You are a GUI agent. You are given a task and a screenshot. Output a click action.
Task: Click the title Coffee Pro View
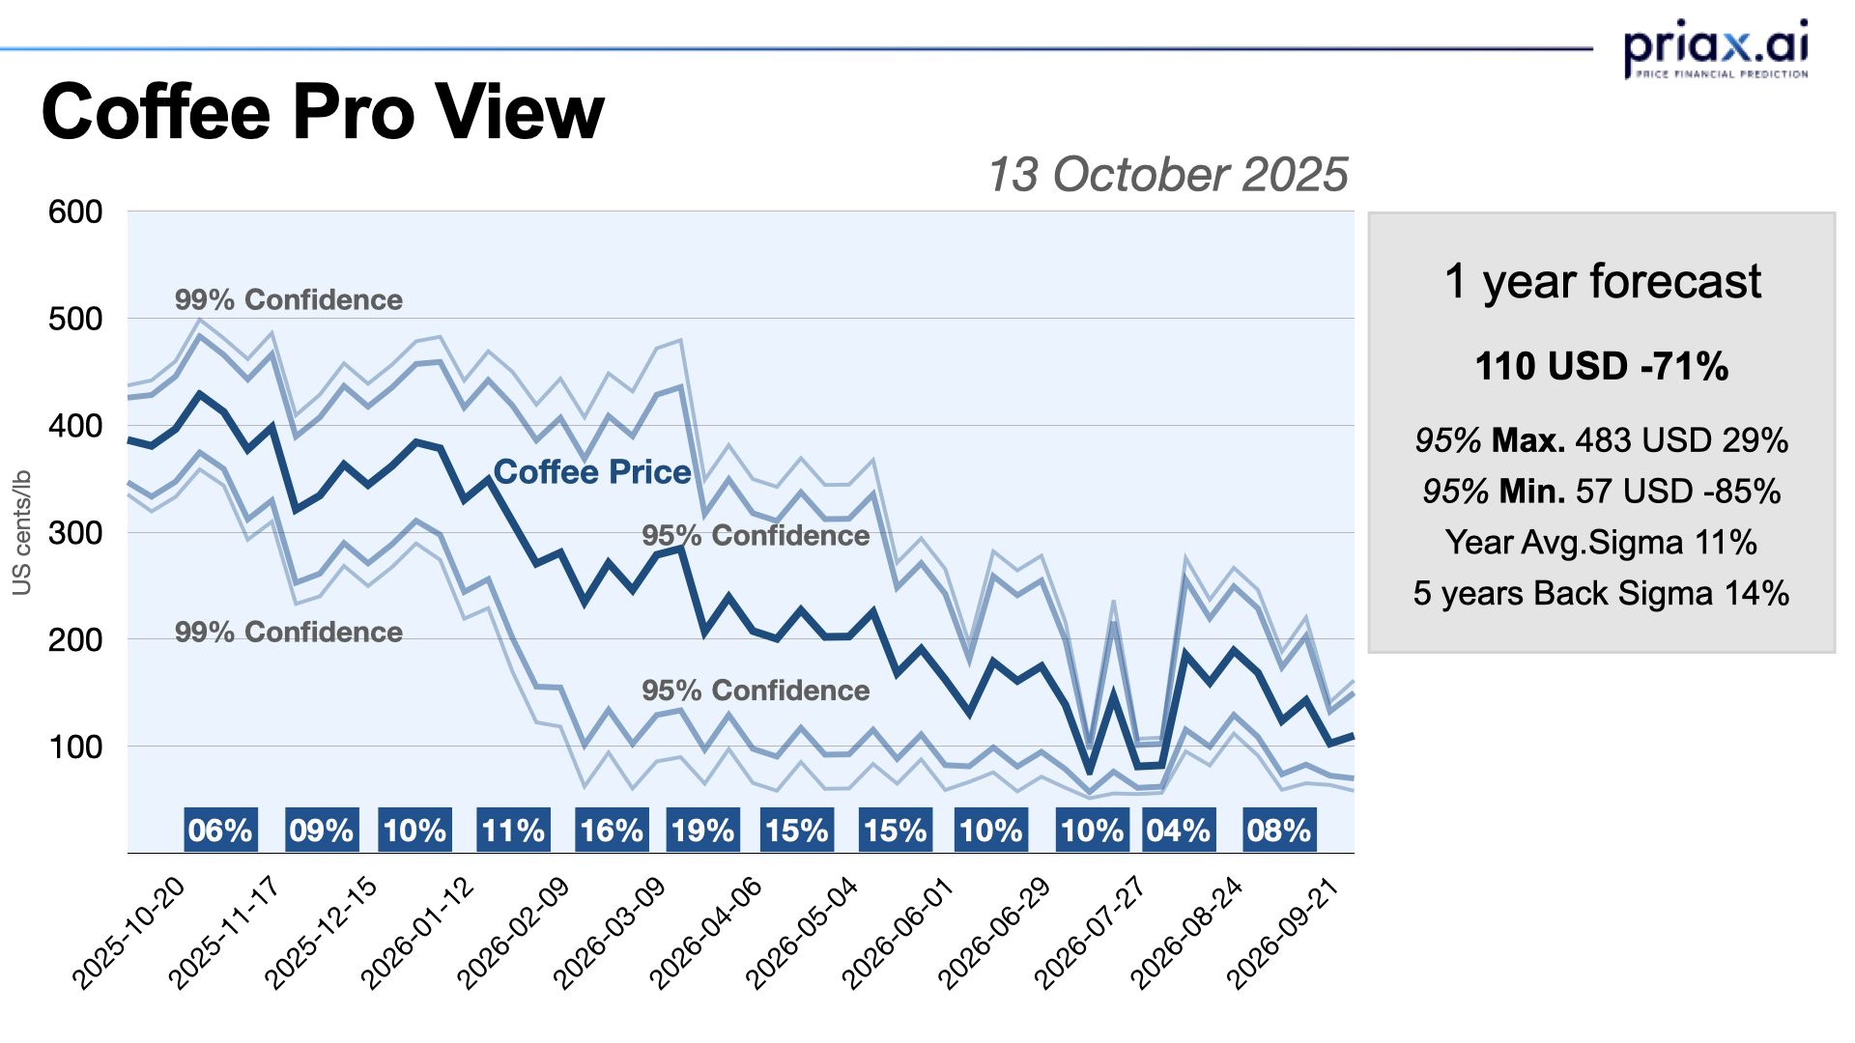pos(323,112)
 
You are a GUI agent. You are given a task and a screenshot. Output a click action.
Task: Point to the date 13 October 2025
pos(1167,175)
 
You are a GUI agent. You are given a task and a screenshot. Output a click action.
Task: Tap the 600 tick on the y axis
pos(75,211)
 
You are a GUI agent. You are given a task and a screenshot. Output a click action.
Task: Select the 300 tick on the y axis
pos(75,532)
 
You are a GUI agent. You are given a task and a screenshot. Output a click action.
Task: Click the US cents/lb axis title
pos(21,532)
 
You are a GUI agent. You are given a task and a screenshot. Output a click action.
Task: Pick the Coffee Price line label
pos(592,471)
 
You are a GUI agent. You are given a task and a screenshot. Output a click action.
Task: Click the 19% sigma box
pos(702,831)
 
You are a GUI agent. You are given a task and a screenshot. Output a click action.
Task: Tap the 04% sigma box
pos(1178,831)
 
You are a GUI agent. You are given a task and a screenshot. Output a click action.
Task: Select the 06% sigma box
pos(220,831)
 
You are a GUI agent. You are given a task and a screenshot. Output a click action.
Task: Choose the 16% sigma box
pos(611,831)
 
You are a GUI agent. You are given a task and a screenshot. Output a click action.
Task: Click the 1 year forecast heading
pos(1602,281)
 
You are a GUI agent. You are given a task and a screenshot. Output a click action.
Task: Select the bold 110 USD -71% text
pos(1602,366)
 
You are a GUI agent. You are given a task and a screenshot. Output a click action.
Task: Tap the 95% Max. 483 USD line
pos(1602,440)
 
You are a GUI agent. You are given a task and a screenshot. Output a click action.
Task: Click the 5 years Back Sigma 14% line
pos(1602,593)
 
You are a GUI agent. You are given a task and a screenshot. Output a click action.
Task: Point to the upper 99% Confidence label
pos(289,299)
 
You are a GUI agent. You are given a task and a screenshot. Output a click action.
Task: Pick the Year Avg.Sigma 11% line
pos(1602,542)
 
